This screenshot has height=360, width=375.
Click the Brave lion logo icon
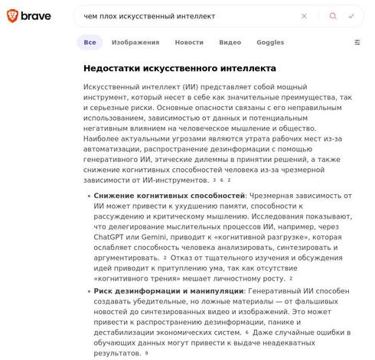(x=12, y=15)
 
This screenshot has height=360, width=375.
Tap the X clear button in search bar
(x=304, y=15)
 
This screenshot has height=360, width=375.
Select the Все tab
(x=90, y=43)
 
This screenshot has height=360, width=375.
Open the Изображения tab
(x=135, y=43)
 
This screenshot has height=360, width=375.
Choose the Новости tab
(x=189, y=43)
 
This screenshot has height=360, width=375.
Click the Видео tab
(x=230, y=43)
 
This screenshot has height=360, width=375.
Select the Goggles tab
(x=270, y=43)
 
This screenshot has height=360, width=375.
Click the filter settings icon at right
(x=357, y=43)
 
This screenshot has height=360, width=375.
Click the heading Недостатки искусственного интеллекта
(x=180, y=69)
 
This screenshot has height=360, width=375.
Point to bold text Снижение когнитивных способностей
(x=169, y=196)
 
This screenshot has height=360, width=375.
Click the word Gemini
(x=152, y=237)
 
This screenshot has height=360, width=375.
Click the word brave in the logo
(x=37, y=15)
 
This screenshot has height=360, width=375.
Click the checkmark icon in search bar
(x=351, y=15)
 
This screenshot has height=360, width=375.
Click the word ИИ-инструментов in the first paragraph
(x=177, y=180)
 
